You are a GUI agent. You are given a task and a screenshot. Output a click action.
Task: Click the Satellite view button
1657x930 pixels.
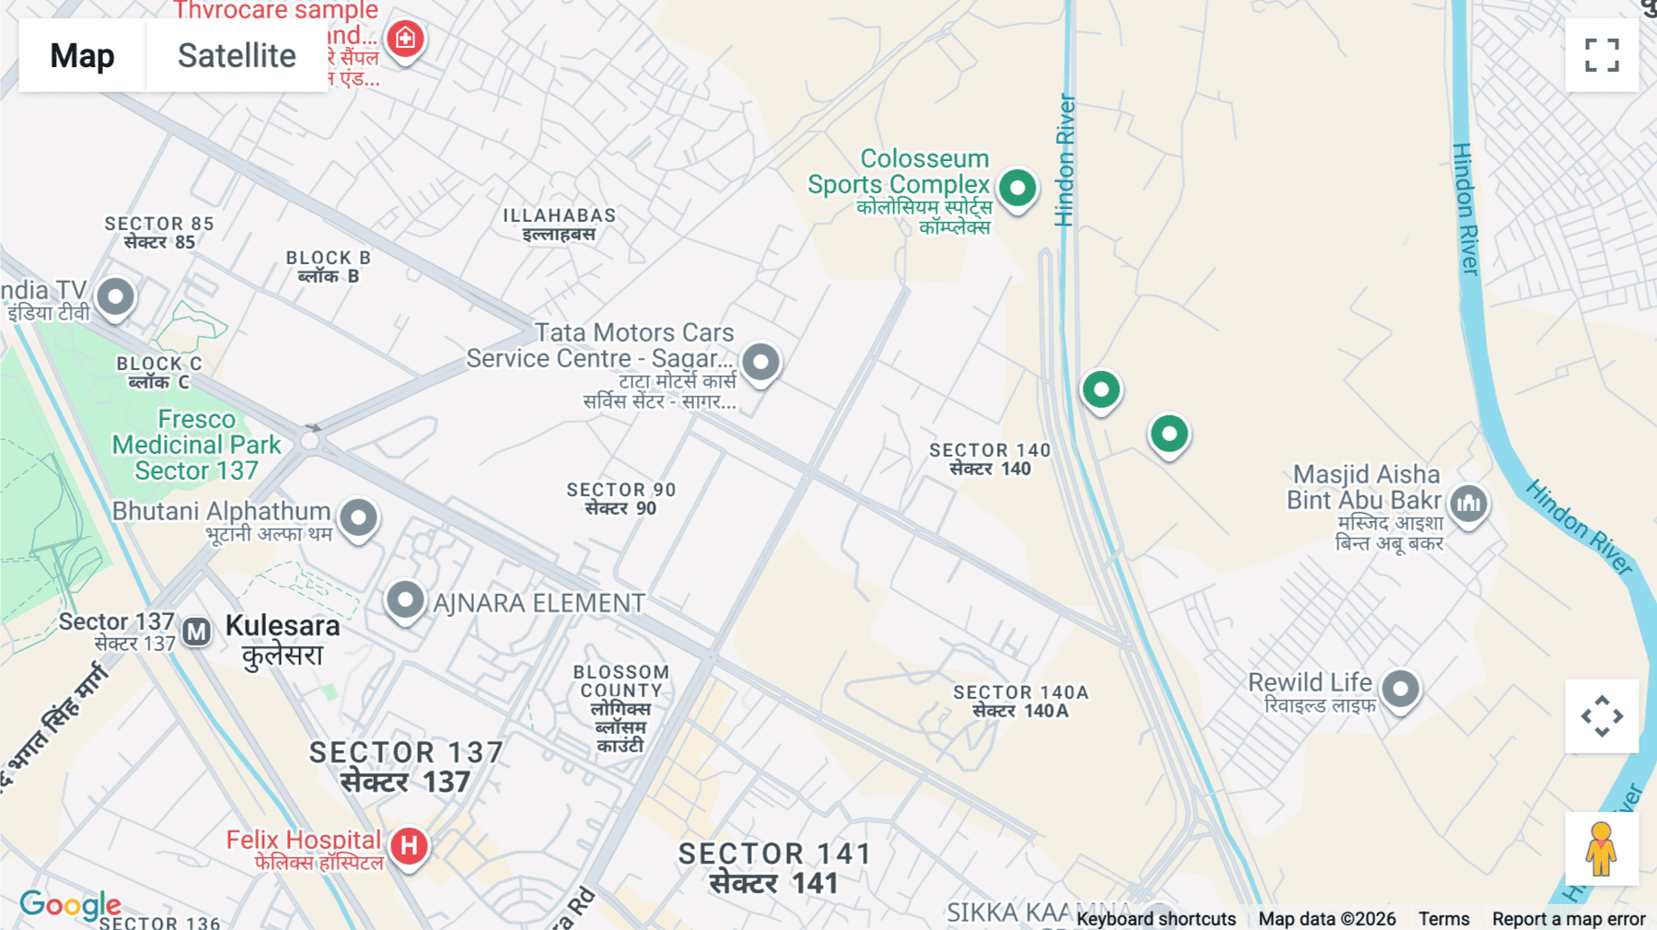click(237, 55)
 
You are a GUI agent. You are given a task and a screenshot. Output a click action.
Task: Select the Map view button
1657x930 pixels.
click(82, 55)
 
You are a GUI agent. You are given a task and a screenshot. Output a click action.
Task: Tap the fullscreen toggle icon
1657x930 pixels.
click(1602, 55)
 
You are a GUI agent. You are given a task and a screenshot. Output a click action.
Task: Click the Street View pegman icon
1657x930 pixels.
click(1602, 849)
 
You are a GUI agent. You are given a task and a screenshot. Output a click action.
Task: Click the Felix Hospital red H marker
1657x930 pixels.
click(409, 845)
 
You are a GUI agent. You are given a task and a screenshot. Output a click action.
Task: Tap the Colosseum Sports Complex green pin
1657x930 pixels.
click(1017, 188)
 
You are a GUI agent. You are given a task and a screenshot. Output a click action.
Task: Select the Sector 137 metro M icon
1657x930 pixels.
click(196, 632)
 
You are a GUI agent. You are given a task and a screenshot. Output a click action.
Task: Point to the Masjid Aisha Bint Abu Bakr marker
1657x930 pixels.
click(1468, 504)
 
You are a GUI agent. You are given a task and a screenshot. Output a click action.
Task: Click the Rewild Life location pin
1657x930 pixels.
click(1400, 689)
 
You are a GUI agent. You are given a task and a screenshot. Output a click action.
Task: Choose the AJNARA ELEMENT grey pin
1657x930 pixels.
click(405, 600)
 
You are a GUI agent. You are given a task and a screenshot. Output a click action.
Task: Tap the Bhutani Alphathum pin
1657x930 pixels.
click(358, 517)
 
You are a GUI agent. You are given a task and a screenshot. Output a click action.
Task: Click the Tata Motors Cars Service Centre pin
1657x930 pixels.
click(760, 362)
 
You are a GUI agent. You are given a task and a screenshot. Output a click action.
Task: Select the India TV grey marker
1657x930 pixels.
click(115, 297)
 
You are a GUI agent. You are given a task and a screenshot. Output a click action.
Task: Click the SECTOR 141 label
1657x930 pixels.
click(774, 867)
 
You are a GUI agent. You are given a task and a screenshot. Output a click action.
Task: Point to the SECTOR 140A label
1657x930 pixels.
click(1020, 701)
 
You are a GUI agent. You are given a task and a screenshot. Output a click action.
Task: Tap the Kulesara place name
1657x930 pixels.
click(283, 639)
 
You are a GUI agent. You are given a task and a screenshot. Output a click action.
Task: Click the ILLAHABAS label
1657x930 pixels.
click(559, 224)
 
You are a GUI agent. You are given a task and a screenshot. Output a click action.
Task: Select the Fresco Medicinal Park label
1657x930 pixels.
click(196, 445)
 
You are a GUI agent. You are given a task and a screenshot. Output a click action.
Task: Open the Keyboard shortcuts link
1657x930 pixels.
click(1155, 918)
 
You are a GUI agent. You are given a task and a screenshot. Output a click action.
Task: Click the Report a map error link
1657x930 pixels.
click(1568, 918)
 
